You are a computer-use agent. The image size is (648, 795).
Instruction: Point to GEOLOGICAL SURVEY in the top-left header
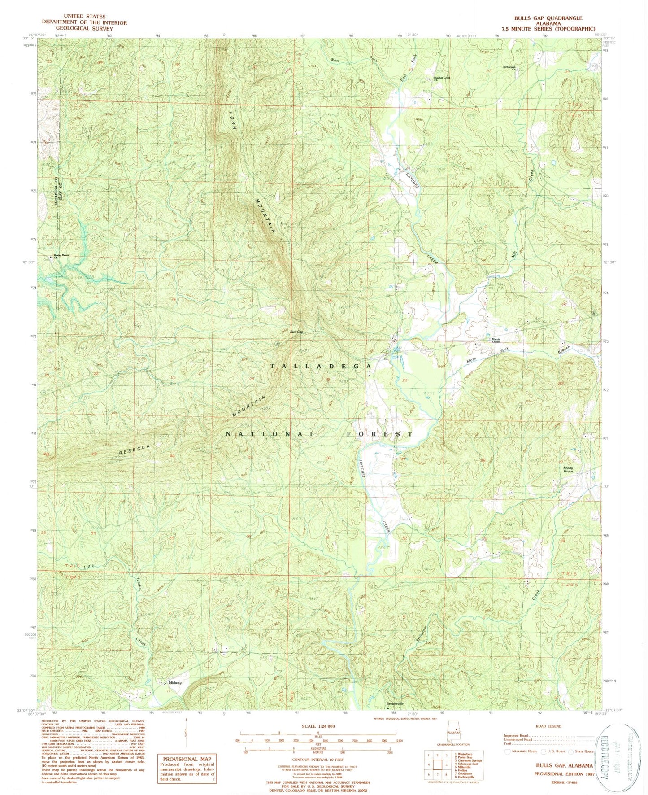click(84, 28)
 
